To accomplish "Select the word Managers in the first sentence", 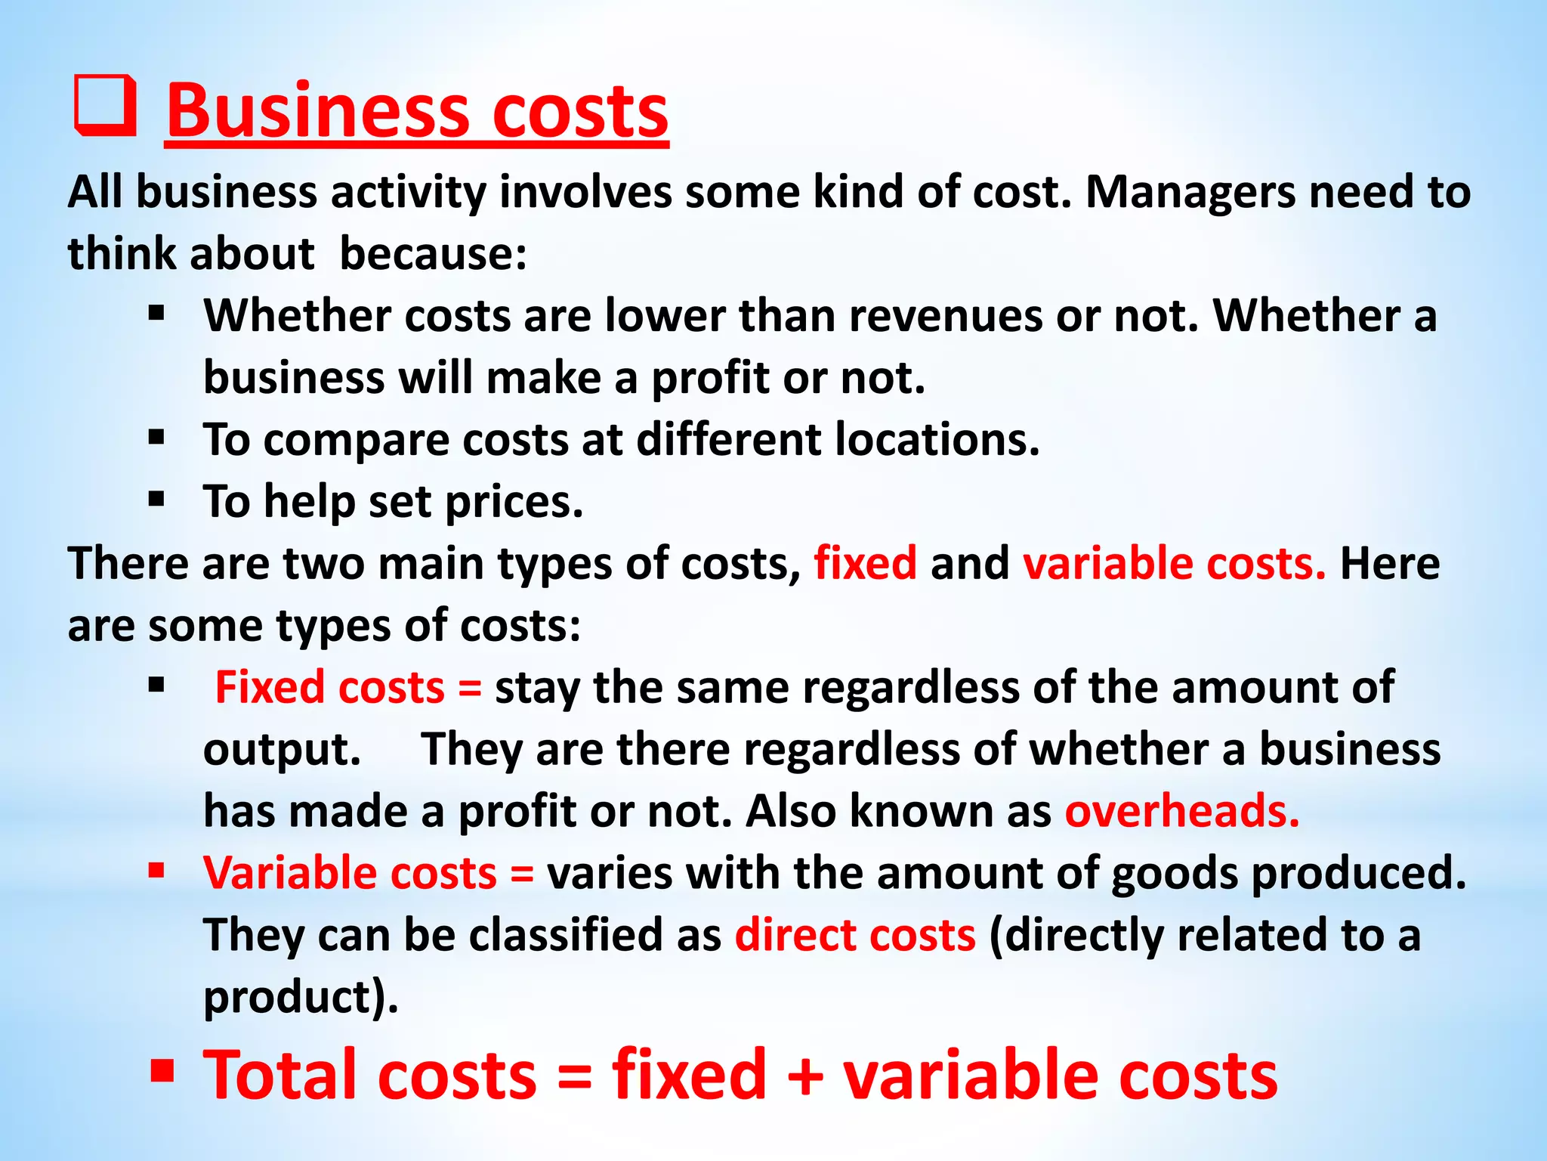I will point(1190,192).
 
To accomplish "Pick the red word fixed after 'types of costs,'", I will point(865,564).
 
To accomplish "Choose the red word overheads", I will point(1181,812).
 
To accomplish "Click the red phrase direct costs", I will point(855,936).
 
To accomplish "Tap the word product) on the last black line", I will point(301,998).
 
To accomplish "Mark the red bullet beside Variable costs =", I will point(156,871).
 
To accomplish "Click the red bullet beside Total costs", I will point(162,1070).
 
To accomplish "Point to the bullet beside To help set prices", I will point(156,499).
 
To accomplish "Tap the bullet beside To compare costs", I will point(156,437).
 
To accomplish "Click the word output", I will point(283,750).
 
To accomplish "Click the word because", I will point(433,254).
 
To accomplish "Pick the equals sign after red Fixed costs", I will point(469,688).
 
